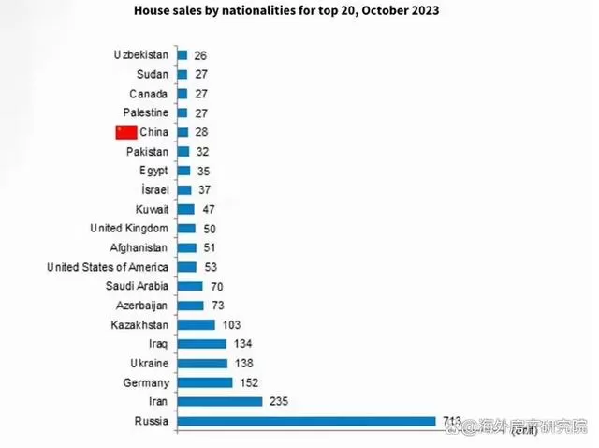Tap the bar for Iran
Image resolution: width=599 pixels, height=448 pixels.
click(x=219, y=402)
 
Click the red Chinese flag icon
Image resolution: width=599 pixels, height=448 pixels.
click(x=125, y=132)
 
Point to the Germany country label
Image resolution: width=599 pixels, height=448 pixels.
click(x=146, y=382)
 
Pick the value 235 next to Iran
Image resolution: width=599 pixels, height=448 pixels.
click(x=278, y=402)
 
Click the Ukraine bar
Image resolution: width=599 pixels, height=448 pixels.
click(x=201, y=364)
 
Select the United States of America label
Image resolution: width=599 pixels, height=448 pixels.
click(x=108, y=267)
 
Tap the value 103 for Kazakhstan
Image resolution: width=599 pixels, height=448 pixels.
click(x=232, y=324)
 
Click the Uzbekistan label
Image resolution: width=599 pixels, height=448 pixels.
click(x=141, y=55)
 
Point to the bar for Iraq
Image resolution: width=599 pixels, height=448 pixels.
click(x=200, y=344)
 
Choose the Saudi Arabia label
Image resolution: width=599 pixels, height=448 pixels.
click(x=138, y=286)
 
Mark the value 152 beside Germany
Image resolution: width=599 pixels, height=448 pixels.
click(x=248, y=382)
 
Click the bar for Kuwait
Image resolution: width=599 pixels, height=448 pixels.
click(x=185, y=209)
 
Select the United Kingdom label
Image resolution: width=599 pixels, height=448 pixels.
click(x=129, y=229)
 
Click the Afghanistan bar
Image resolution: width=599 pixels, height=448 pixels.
click(x=186, y=247)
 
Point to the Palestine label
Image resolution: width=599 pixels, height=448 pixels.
click(x=146, y=113)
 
